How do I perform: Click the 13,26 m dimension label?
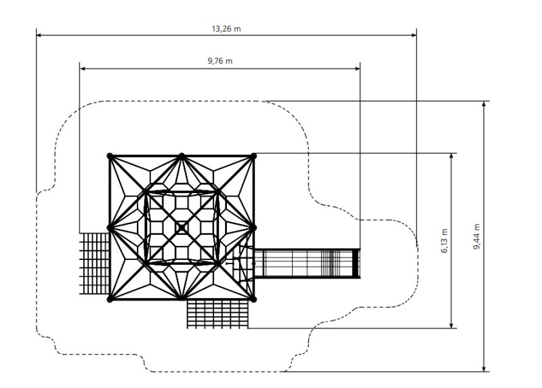[x=226, y=28]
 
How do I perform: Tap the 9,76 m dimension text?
[x=220, y=62]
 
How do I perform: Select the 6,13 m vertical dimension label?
[x=444, y=240]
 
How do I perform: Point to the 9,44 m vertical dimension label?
[x=477, y=236]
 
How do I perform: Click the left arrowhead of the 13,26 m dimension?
[x=39, y=35]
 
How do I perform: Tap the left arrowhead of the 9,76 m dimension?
[x=83, y=68]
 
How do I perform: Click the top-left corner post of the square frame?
[x=110, y=156]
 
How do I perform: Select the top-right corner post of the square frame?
[x=254, y=156]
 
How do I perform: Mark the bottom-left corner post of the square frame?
[x=110, y=299]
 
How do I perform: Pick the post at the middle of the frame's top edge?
[x=182, y=156]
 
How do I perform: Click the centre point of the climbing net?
[x=182, y=228]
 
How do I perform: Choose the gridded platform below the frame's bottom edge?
[x=217, y=314]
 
